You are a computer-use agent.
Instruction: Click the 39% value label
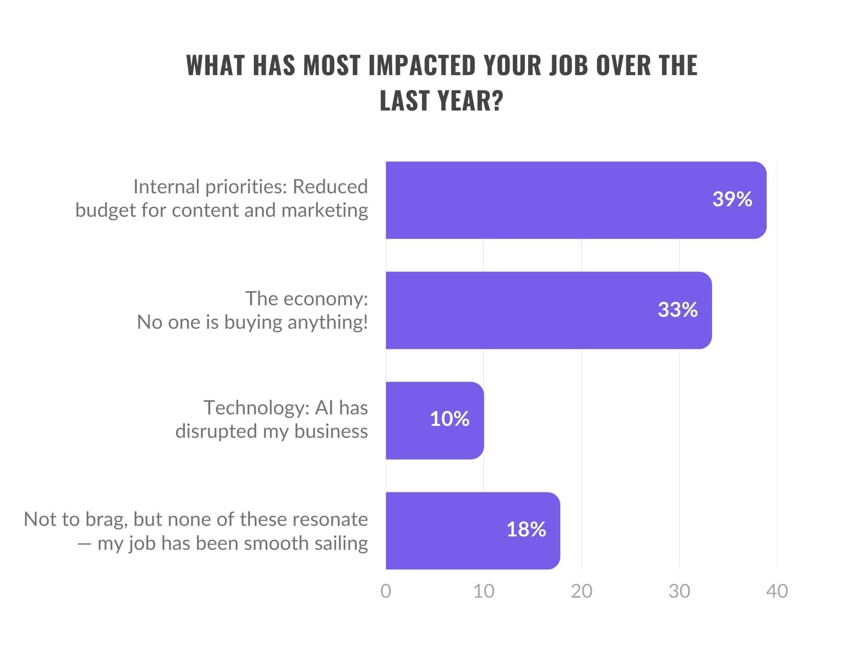(x=732, y=199)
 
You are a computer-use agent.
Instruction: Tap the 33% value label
(x=677, y=310)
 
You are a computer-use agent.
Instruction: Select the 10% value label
(x=449, y=419)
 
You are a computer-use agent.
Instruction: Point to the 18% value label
(x=526, y=529)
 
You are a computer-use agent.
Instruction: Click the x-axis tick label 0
(x=386, y=591)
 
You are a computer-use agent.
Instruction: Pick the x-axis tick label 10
(x=483, y=591)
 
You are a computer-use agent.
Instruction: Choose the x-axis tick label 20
(x=581, y=591)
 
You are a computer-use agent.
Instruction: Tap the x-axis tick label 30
(x=679, y=591)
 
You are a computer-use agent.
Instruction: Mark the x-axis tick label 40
(x=777, y=591)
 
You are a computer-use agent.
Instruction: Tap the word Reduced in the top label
(x=330, y=187)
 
